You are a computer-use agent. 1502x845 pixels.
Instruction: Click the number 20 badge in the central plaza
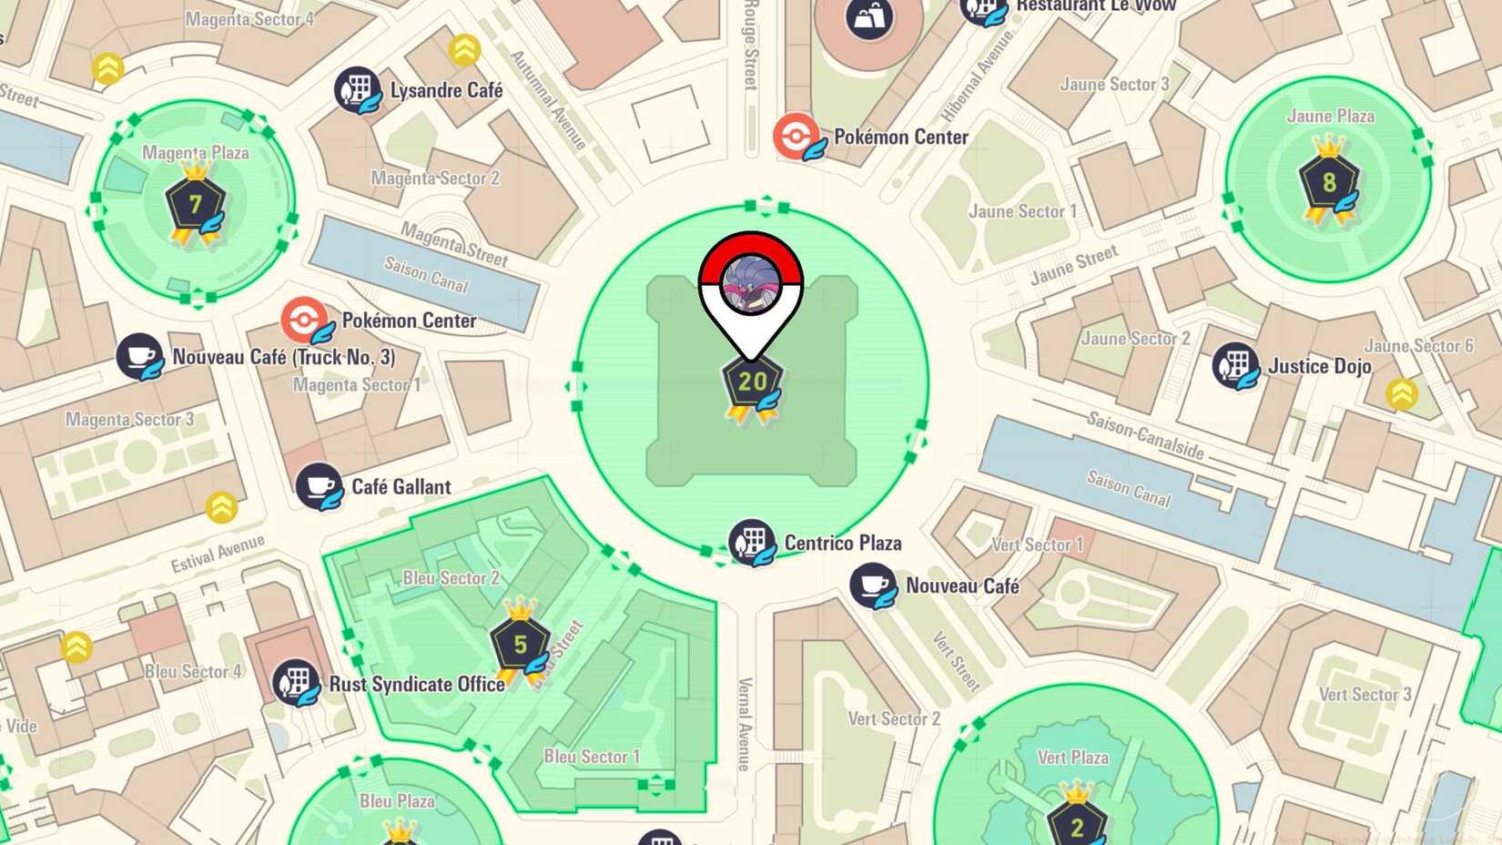(x=752, y=382)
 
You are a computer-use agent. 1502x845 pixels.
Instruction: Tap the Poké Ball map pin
(x=751, y=282)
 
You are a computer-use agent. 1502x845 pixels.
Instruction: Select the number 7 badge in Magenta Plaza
(x=195, y=203)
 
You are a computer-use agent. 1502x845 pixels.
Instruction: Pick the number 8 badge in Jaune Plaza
(x=1329, y=182)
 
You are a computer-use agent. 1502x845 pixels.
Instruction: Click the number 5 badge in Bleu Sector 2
(x=520, y=645)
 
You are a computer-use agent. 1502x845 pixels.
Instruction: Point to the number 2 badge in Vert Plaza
(x=1077, y=825)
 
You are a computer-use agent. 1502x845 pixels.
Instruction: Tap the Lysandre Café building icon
(x=357, y=89)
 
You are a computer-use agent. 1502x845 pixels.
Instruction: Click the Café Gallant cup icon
(x=319, y=485)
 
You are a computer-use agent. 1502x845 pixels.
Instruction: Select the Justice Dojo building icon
(x=1235, y=365)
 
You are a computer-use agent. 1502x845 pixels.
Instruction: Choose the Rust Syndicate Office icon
(x=295, y=682)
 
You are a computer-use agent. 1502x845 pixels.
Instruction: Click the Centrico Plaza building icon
(x=752, y=543)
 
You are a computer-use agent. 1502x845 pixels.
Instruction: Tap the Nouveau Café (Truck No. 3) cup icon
(x=139, y=356)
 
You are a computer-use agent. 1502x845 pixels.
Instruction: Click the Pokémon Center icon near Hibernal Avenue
(x=797, y=137)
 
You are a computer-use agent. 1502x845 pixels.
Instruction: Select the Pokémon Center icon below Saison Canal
(x=304, y=320)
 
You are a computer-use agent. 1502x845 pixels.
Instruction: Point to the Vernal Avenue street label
(x=744, y=724)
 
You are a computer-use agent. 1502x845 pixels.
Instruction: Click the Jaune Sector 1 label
(x=1021, y=211)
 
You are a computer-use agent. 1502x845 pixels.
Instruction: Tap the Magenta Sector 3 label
(x=129, y=420)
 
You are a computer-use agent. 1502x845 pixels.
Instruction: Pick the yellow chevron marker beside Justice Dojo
(x=1402, y=394)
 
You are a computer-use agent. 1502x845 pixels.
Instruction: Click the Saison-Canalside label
(x=1145, y=435)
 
